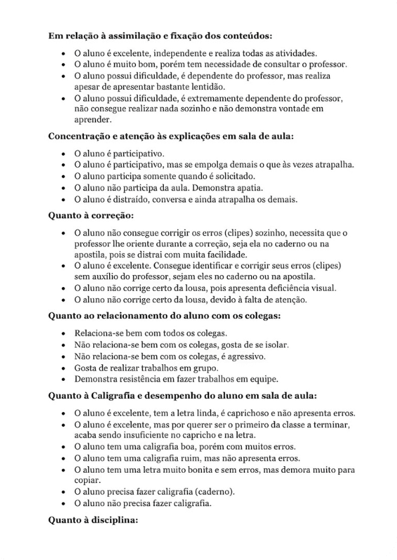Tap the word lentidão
(208, 87)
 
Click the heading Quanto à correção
(83, 216)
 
